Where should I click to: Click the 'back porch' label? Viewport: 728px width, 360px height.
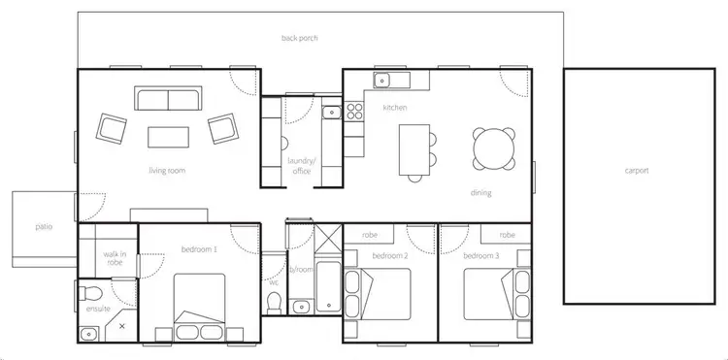300,39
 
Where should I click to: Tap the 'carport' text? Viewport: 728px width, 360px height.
637,171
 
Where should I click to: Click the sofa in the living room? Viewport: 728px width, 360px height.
169,99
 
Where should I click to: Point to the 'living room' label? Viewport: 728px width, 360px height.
167,171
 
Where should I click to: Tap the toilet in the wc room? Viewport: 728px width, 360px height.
274,303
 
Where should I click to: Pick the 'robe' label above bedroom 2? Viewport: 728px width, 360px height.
370,236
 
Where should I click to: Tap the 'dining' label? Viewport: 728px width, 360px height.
481,192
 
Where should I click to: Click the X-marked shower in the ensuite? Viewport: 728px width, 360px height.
121,327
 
